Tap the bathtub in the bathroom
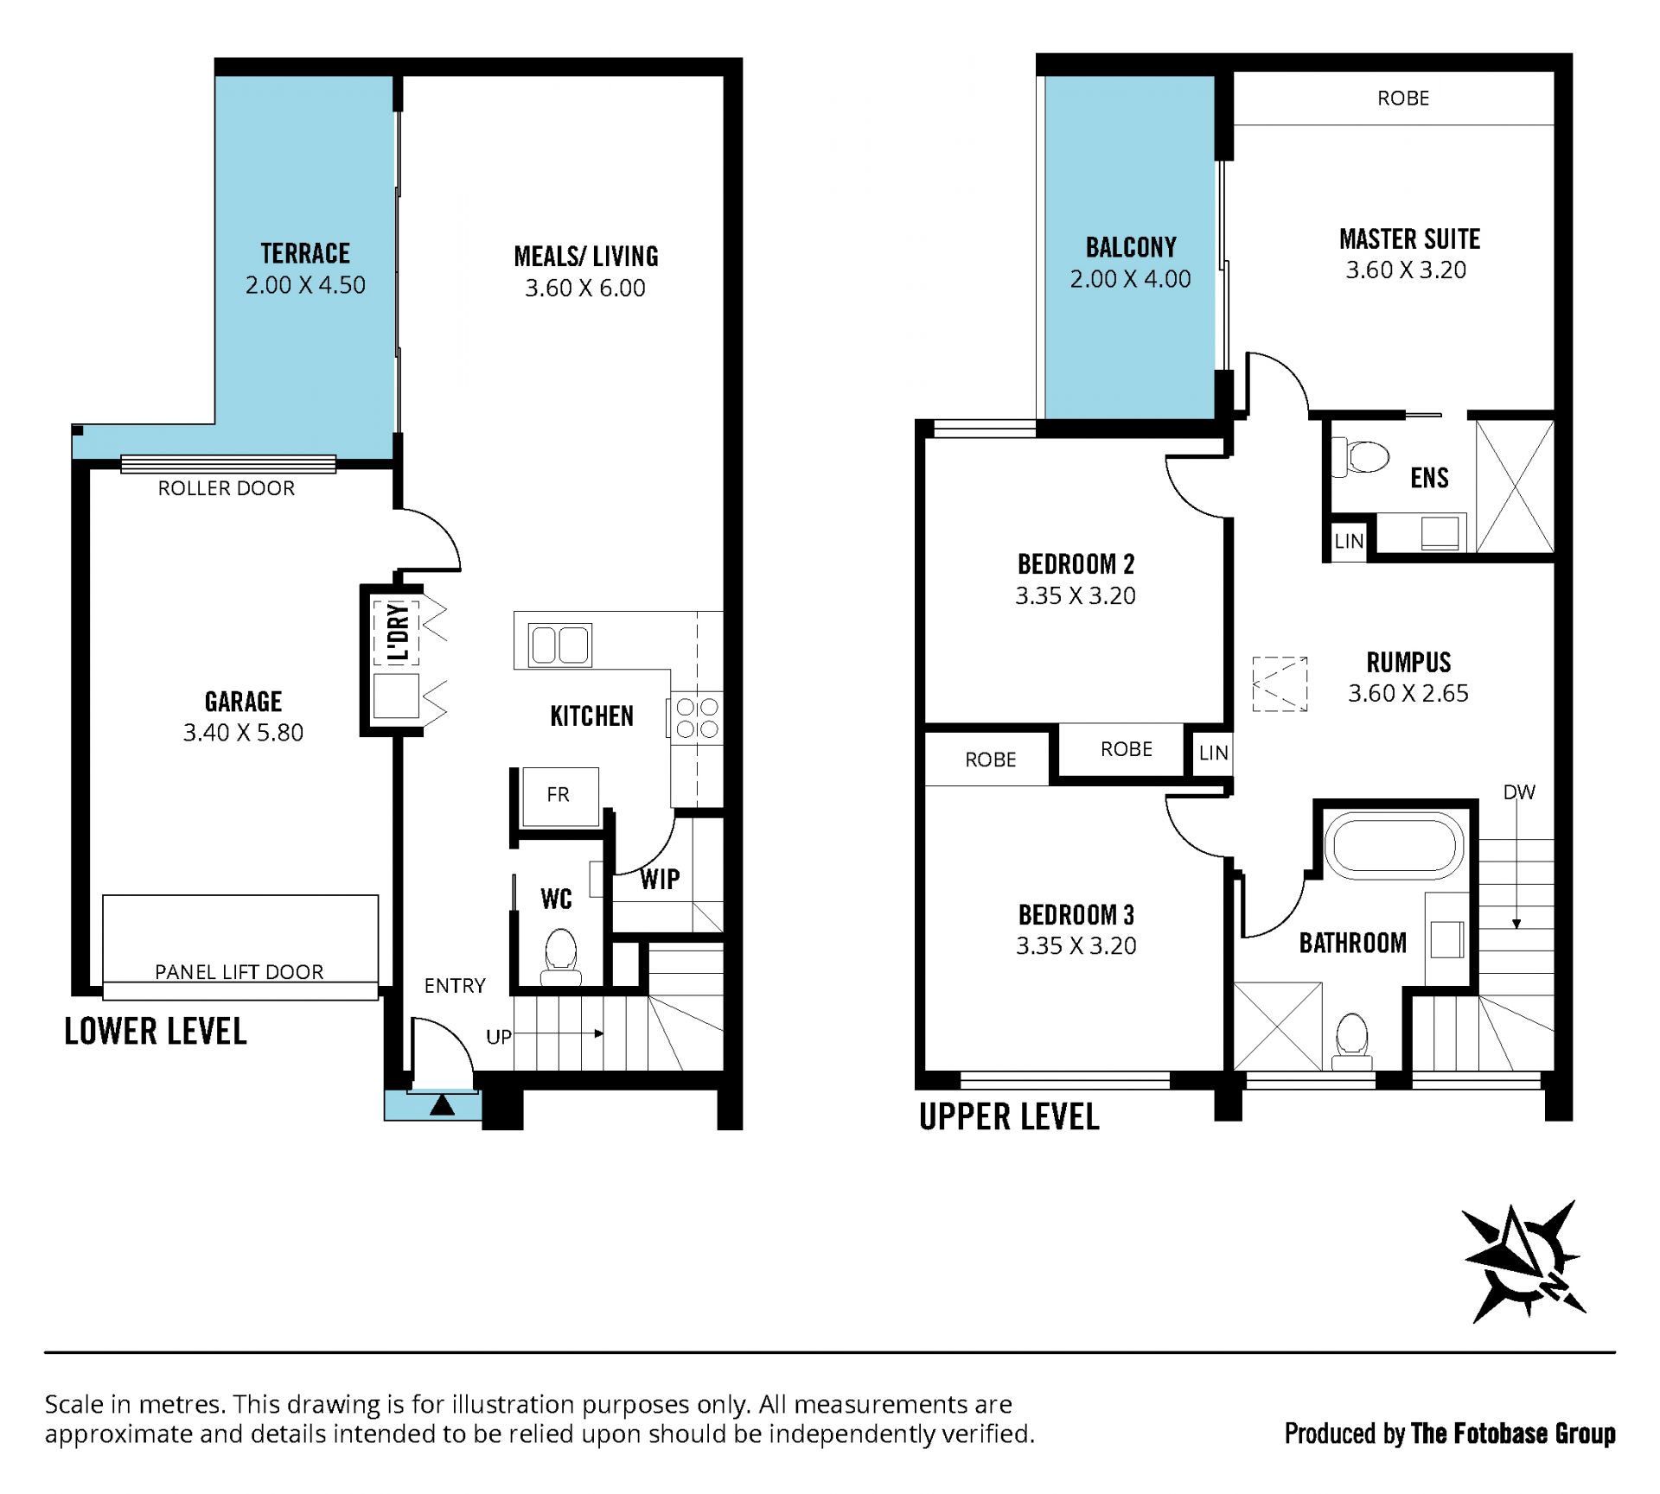(1394, 845)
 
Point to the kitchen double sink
(560, 645)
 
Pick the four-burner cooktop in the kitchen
(697, 718)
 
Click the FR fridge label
(559, 794)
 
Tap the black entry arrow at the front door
(442, 1104)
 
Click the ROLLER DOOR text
(227, 488)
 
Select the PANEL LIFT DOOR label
(239, 971)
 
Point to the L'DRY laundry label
(398, 632)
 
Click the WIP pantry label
(660, 880)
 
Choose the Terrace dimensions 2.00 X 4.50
(305, 285)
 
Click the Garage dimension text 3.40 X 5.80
(243, 733)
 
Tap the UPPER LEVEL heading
(1009, 1116)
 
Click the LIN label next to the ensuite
(1349, 541)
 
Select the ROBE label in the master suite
(1403, 99)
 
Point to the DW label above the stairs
(1519, 792)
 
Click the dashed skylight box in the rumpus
(1280, 683)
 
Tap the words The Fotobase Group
(1513, 1434)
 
